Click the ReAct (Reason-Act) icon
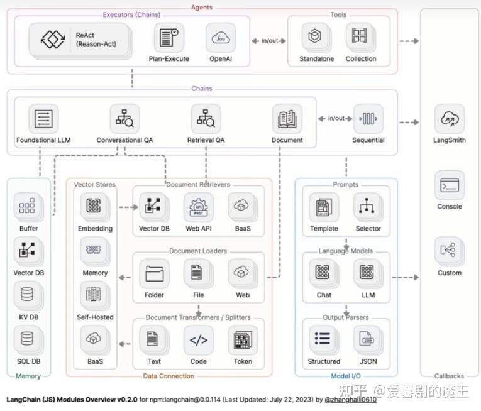[x=53, y=39]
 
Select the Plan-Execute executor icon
[x=169, y=38]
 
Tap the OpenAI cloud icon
[x=221, y=38]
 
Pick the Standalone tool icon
[x=315, y=36]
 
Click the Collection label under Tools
[x=361, y=58]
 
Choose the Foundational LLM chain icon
[x=43, y=119]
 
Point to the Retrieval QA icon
[x=206, y=119]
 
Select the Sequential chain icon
[x=368, y=119]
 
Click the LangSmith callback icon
[x=450, y=119]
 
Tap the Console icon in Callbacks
[x=450, y=185]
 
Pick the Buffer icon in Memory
[x=27, y=205]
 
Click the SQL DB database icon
[x=27, y=339]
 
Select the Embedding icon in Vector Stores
[x=94, y=205]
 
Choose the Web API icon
[x=199, y=207]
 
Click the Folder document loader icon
[x=154, y=273]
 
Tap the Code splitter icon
[x=199, y=340]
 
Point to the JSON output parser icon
[x=367, y=339]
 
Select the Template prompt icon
[x=324, y=207]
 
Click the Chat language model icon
[x=323, y=272]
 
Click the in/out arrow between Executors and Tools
[x=268, y=41]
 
